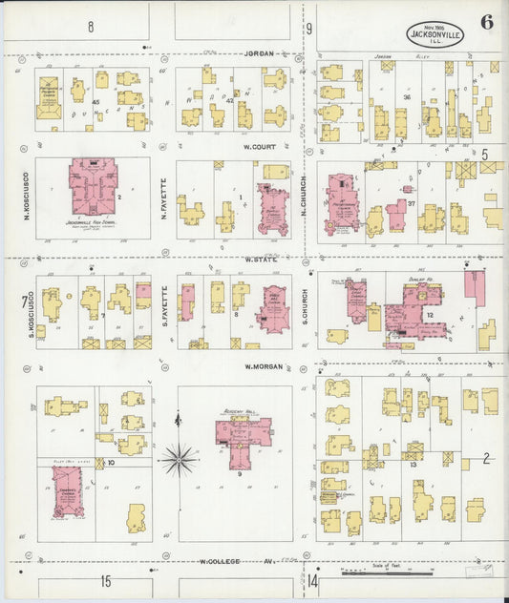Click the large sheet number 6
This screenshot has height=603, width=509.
[487, 23]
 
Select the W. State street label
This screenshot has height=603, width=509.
[261, 259]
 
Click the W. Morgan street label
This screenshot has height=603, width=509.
[260, 366]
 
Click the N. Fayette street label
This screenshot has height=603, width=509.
[164, 195]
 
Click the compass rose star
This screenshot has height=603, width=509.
[178, 460]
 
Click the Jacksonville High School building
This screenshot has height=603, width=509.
[93, 188]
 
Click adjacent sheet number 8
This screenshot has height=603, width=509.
[91, 26]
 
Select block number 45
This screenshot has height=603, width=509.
[96, 101]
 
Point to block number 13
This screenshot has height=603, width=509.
[414, 466]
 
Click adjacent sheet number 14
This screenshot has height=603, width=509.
[312, 580]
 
